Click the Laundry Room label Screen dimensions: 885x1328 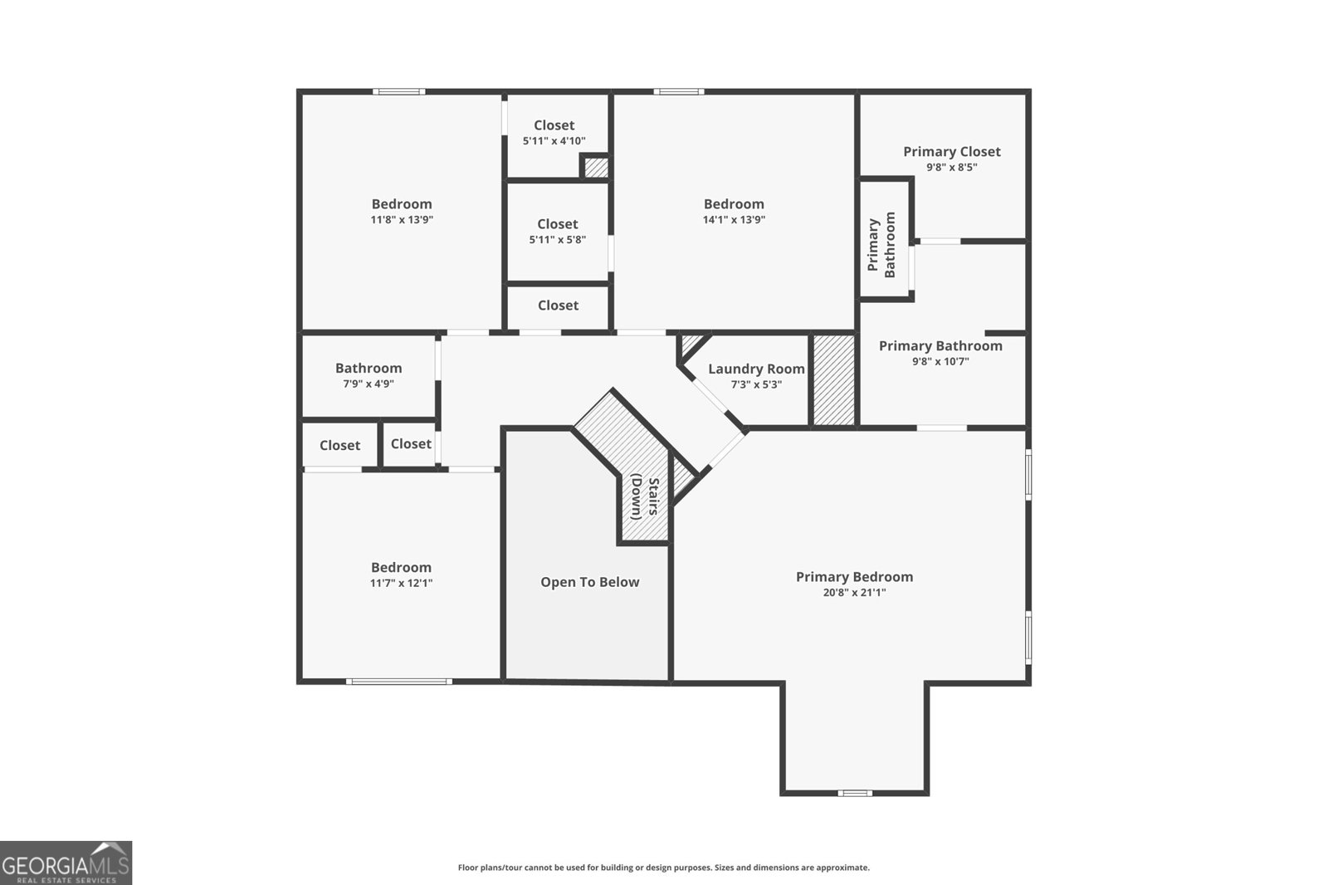pyautogui.click(x=756, y=369)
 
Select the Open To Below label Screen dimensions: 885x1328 pyautogui.click(x=589, y=582)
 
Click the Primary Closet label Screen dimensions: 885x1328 pyautogui.click(x=951, y=151)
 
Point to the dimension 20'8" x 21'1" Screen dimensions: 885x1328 pyautogui.click(x=854, y=592)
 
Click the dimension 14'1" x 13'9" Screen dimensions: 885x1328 pyautogui.click(x=734, y=220)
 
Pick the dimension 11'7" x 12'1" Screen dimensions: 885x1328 pyautogui.click(x=401, y=583)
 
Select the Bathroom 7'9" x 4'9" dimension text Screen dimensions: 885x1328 pyautogui.click(x=369, y=384)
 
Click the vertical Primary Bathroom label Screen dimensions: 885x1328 pyautogui.click(x=881, y=246)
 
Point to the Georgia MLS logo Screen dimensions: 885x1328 pyautogui.click(x=66, y=863)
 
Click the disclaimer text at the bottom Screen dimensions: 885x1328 pyautogui.click(x=663, y=868)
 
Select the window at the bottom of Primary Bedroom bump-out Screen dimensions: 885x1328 pyautogui.click(x=855, y=793)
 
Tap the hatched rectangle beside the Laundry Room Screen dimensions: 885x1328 pyautogui.click(x=832, y=380)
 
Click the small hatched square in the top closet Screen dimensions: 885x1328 pyautogui.click(x=596, y=168)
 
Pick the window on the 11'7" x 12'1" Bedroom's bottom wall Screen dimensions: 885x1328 pyautogui.click(x=399, y=682)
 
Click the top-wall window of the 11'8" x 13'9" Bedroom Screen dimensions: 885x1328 pyautogui.click(x=398, y=91)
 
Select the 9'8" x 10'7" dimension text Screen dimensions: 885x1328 pyautogui.click(x=940, y=361)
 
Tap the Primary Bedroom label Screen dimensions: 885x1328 pyautogui.click(x=854, y=576)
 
